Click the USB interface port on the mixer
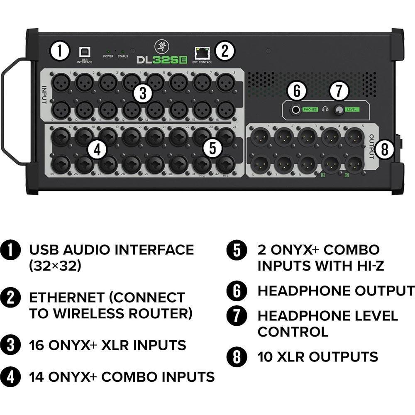coord(84,52)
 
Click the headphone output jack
coord(295,110)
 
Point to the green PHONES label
coord(310,110)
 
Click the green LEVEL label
coord(352,110)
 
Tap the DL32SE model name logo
coord(162,60)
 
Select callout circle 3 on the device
coord(143,94)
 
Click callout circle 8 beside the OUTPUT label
coord(385,149)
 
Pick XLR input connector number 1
coord(60,82)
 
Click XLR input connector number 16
coord(225,110)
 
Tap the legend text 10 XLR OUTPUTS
coord(317,356)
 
